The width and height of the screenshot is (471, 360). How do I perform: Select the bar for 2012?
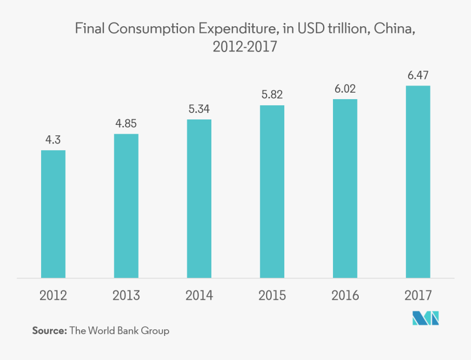[x=53, y=214]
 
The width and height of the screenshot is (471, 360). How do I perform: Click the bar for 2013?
[x=126, y=205]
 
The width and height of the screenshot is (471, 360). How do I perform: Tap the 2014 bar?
[x=199, y=198]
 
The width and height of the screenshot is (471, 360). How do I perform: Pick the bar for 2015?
[x=272, y=191]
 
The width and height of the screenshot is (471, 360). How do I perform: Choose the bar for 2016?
[x=345, y=188]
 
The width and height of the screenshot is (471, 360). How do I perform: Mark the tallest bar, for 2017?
[x=418, y=181]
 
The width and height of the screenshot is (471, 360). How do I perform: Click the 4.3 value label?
[x=53, y=140]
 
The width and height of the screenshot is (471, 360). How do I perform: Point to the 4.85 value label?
[x=126, y=123]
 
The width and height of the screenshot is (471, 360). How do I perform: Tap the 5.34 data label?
[x=199, y=109]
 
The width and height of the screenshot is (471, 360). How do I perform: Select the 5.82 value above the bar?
[x=272, y=95]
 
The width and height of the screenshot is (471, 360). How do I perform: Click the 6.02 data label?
[x=346, y=89]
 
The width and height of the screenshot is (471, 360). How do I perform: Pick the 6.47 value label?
[x=418, y=75]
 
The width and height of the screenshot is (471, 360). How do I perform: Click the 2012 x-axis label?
[x=53, y=296]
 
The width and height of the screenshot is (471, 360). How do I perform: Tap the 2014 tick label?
[x=199, y=296]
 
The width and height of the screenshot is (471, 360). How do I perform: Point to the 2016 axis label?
[x=345, y=296]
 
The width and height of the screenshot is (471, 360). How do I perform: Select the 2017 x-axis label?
[x=418, y=296]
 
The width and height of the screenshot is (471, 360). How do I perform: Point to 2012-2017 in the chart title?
[x=245, y=48]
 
